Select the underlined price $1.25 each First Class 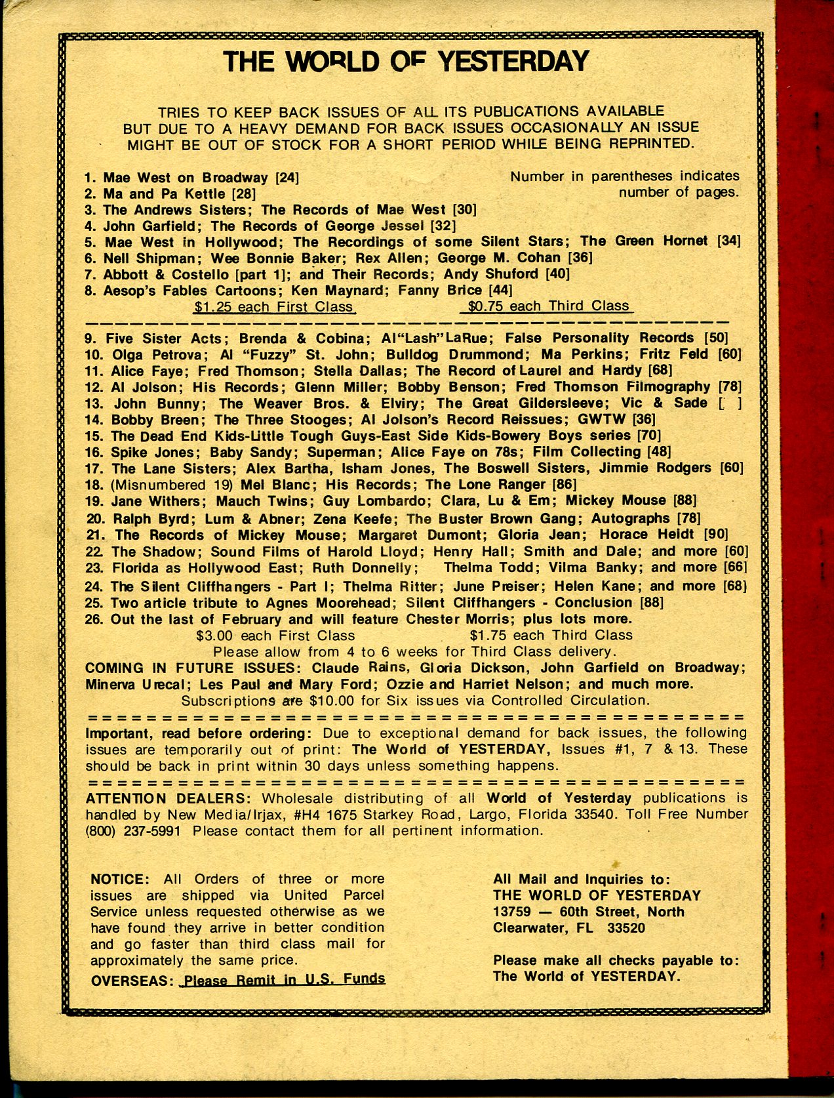coord(274,306)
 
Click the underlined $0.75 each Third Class coord(548,306)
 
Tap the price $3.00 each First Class coord(275,636)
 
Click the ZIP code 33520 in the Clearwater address coord(626,928)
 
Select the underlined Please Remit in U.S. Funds coord(283,979)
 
